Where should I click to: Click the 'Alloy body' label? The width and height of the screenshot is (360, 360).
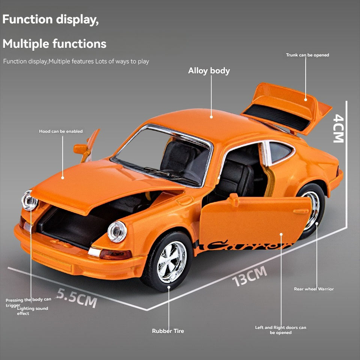[x=209, y=71]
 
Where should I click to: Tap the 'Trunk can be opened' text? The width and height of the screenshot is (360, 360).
[x=307, y=55]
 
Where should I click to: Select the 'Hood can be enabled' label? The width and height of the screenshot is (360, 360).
[x=61, y=131]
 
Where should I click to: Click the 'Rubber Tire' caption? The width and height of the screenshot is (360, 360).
[x=168, y=331]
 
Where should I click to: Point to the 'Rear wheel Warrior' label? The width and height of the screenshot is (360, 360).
[x=314, y=289]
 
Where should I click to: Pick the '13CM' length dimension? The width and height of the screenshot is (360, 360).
[x=249, y=276]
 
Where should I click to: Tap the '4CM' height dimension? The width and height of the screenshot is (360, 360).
[x=338, y=128]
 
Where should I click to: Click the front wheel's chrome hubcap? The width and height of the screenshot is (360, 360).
[x=171, y=261]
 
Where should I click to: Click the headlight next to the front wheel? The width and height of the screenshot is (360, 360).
[x=117, y=231]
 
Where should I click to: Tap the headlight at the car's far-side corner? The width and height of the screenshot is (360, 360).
[x=29, y=200]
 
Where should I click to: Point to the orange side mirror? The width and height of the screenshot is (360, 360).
[x=80, y=149]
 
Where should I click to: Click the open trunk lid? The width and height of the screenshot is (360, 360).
[x=287, y=107]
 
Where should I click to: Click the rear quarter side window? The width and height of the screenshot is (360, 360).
[x=280, y=152]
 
